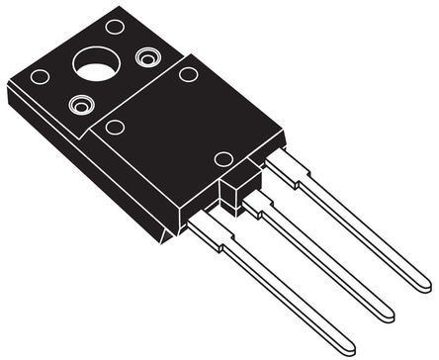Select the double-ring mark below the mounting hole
coord(79,102)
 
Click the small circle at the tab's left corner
coord(40,76)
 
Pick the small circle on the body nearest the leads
coord(223,158)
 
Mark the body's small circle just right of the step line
coord(188,74)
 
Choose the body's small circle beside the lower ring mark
coord(115,127)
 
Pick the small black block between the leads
coord(232,191)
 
